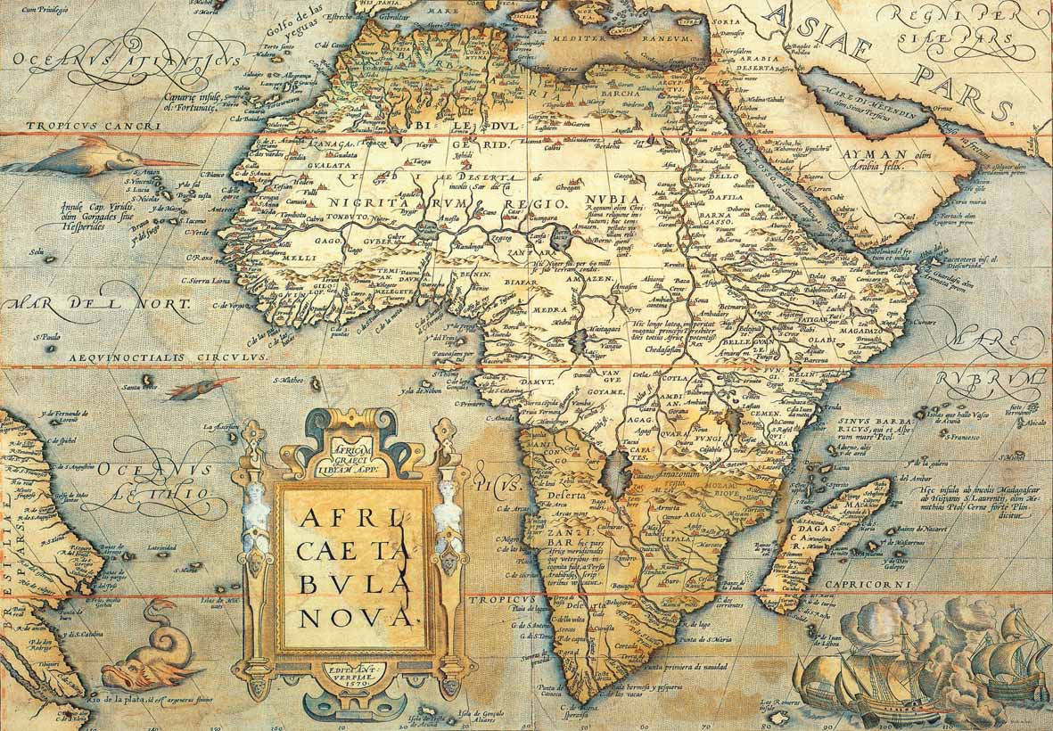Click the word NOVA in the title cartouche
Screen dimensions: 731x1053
pyautogui.click(x=355, y=616)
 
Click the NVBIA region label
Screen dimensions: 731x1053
pyautogui.click(x=612, y=199)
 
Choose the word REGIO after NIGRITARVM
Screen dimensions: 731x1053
pyautogui.click(x=533, y=204)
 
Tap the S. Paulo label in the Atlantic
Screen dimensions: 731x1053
pyautogui.click(x=45, y=337)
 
